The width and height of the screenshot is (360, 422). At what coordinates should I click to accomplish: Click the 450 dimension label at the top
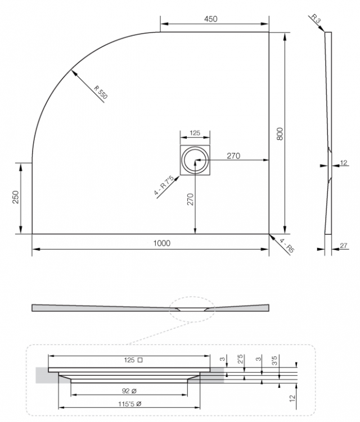point(211,19)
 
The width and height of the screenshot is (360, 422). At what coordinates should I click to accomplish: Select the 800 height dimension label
point(280,134)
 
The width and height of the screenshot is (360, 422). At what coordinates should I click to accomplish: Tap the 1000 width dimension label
point(161,243)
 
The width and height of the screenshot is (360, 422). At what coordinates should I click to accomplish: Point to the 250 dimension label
point(16,197)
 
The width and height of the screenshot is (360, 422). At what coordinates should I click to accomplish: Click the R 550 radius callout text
point(101,92)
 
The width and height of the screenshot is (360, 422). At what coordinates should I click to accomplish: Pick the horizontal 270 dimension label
point(233,156)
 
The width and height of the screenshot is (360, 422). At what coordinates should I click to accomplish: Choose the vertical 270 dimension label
point(190,199)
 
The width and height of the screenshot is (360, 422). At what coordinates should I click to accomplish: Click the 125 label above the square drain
point(195,133)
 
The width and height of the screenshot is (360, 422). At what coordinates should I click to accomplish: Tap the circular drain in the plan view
point(195,160)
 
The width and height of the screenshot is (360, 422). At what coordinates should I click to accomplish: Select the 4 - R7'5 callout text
point(164,185)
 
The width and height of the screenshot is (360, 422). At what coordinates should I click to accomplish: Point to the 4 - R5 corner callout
point(287,246)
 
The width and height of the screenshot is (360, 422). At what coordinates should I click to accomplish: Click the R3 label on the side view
point(316,19)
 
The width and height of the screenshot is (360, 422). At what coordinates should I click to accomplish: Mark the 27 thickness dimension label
point(344,246)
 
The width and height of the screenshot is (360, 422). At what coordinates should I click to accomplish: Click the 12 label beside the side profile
point(344,162)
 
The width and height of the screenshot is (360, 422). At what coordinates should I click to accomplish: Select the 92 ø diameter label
point(129,391)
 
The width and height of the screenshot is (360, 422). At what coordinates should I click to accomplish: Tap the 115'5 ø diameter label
point(130,403)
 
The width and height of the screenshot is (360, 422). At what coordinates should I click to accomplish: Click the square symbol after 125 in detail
point(140,360)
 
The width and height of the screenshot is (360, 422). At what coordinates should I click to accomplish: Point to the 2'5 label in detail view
point(240,359)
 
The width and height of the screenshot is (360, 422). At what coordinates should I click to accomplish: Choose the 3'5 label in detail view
point(274,360)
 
